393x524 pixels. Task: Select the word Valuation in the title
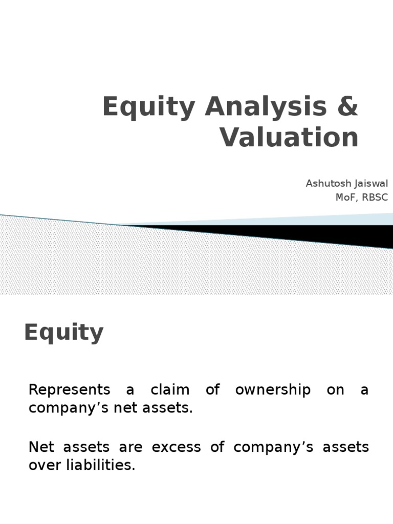[x=290, y=138]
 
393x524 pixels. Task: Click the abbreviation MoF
[x=345, y=198]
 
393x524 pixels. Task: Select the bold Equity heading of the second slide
[x=64, y=334]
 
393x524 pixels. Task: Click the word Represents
[x=70, y=390]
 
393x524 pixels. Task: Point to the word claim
[x=170, y=390]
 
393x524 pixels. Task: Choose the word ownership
[x=273, y=390]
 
